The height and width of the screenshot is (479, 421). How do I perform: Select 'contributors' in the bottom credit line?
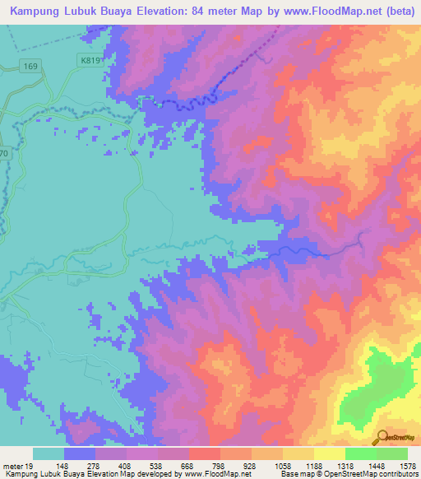pos(398,474)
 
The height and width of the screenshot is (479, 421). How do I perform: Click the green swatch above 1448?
pos(360,453)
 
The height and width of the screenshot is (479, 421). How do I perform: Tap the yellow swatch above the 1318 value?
pos(328,453)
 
